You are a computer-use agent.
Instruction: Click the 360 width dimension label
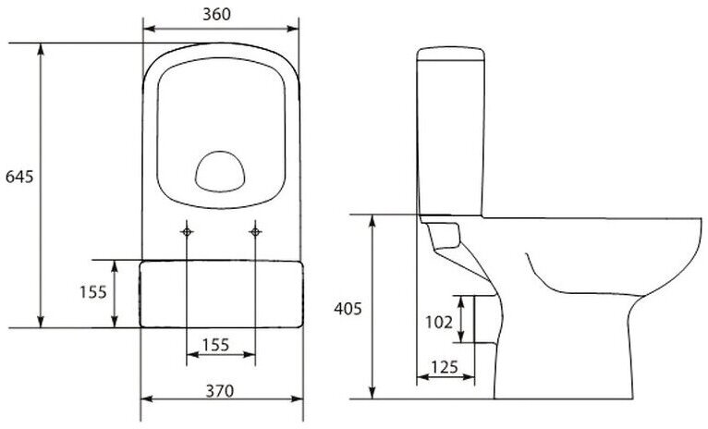point(216,15)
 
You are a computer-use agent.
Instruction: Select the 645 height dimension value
point(19,177)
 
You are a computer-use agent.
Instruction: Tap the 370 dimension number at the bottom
point(220,391)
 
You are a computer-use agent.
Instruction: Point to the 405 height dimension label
point(348,309)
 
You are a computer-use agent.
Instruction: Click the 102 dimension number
point(438,323)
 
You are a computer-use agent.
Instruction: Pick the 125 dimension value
point(445,368)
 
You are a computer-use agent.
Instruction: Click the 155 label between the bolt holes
point(215,345)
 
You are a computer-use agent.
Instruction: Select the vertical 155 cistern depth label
point(93,292)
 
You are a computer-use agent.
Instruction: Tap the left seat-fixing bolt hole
point(187,232)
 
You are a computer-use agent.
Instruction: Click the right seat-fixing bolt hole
point(255,232)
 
